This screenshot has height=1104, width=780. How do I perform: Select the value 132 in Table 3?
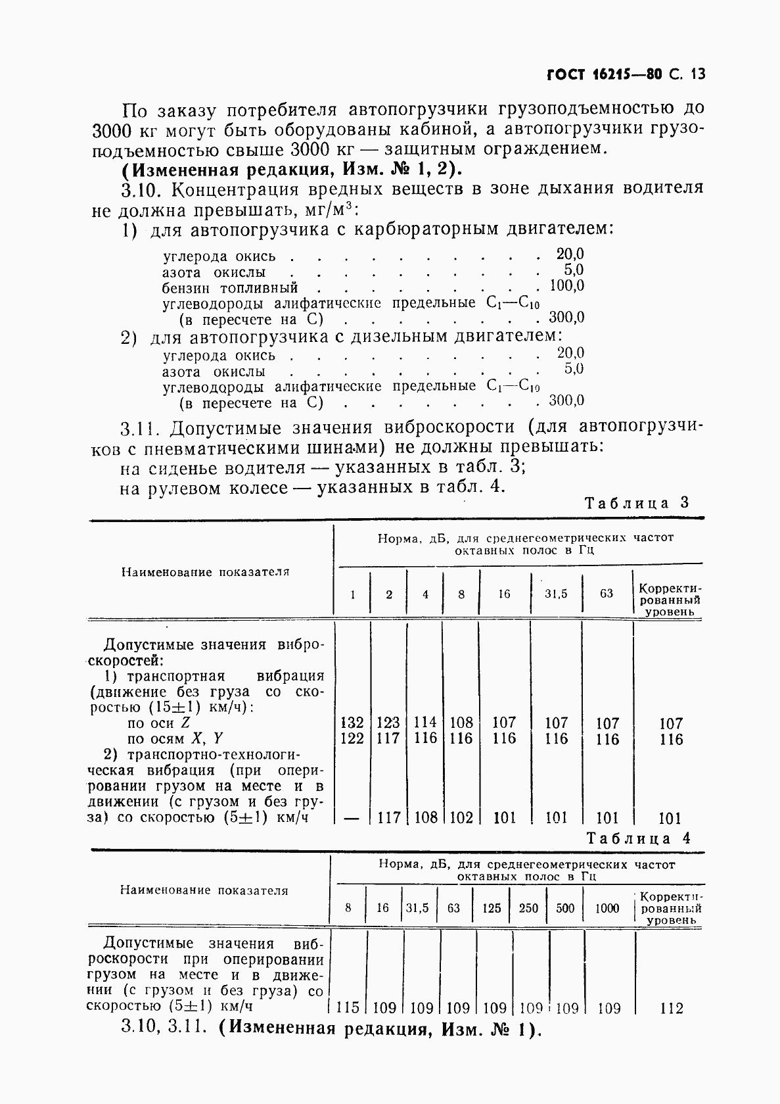point(353,723)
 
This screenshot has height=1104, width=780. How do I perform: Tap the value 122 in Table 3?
point(353,738)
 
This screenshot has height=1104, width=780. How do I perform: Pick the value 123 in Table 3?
point(388,723)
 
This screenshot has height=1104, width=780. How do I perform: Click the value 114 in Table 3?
point(425,723)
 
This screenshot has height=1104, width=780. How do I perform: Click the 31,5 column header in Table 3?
point(555,594)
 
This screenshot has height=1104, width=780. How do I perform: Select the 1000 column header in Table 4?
point(607,908)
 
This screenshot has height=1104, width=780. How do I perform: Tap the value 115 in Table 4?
point(348,1007)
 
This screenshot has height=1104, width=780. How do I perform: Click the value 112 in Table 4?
point(671,1007)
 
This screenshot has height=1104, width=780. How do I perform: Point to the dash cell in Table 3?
point(352,819)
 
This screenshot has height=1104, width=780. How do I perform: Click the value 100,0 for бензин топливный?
point(566,286)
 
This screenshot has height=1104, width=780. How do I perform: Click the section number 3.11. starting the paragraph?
point(141,429)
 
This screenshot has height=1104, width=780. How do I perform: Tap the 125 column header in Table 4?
point(491,908)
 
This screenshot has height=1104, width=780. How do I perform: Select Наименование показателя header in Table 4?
point(204,890)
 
